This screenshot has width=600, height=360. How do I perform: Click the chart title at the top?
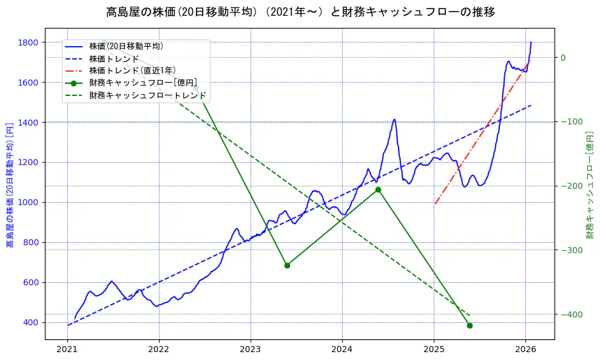click(x=300, y=12)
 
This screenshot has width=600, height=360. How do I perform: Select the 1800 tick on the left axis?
click(x=28, y=42)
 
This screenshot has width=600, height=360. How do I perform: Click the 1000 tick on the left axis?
click(x=28, y=202)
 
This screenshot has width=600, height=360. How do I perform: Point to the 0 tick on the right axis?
click(x=562, y=58)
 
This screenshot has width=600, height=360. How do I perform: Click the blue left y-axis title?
click(x=10, y=182)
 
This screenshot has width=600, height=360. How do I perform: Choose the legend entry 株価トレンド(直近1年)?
click(x=133, y=70)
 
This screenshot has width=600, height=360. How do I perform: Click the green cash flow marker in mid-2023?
click(x=287, y=265)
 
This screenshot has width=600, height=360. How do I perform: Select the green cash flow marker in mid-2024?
click(x=378, y=189)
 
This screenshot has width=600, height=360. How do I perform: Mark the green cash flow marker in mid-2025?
click(x=470, y=325)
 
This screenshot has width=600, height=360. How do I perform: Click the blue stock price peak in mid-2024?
click(x=394, y=120)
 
